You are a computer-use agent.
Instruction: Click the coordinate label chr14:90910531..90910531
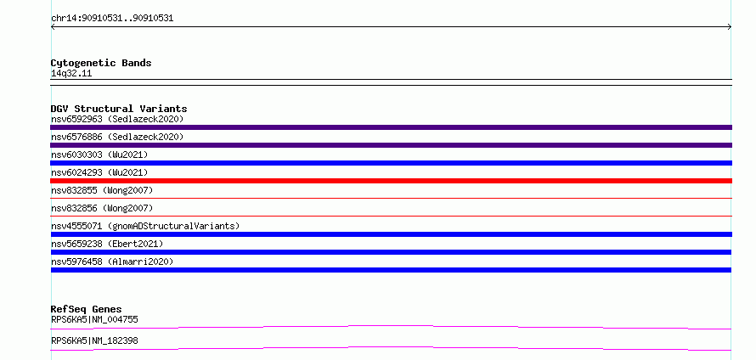tap(112, 19)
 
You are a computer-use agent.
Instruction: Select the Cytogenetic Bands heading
tap(101, 63)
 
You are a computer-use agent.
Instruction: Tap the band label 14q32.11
tap(71, 74)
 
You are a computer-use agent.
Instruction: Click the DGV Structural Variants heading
tap(119, 109)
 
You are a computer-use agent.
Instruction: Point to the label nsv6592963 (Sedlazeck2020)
tap(117, 119)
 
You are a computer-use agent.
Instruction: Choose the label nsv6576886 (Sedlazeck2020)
tap(117, 137)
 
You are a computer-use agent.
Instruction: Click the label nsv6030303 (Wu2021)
tap(99, 155)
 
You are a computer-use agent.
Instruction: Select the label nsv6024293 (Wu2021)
tap(99, 172)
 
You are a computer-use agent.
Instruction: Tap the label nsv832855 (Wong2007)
tap(102, 190)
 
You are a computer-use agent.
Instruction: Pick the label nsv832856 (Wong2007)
tap(102, 208)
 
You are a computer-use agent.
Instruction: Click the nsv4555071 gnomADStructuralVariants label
tap(145, 226)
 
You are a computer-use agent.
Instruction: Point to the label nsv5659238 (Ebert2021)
tap(107, 244)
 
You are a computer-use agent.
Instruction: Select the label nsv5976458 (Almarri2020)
tap(112, 262)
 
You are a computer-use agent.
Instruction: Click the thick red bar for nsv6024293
tap(391, 181)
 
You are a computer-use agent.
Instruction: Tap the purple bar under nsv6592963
tap(391, 127)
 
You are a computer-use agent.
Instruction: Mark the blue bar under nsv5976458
tap(391, 270)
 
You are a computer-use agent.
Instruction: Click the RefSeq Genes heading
tap(87, 309)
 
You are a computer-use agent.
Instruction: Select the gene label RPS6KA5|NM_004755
tap(94, 319)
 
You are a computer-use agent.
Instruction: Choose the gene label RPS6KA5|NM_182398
tap(94, 340)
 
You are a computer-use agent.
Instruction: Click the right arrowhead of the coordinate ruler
tap(731, 27)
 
